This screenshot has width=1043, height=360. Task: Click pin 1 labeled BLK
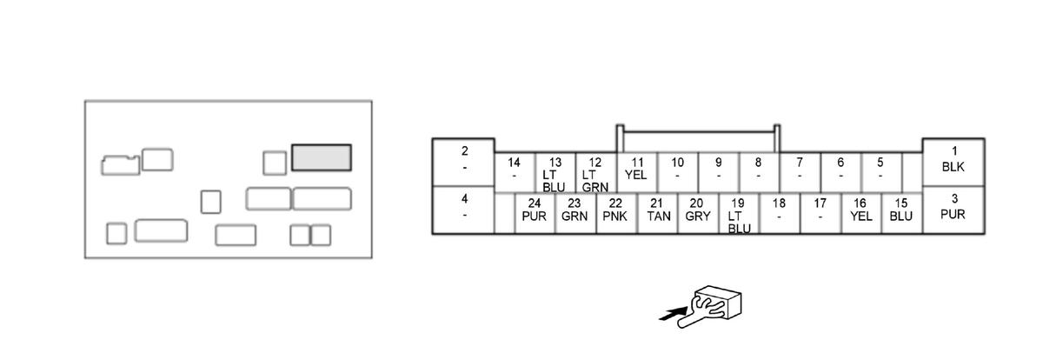pos(953,162)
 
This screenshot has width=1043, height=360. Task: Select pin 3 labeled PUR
pos(953,210)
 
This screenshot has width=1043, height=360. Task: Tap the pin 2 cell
pos(464,162)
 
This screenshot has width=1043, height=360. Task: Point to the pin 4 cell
pos(464,210)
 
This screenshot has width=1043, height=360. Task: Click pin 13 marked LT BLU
pos(555,172)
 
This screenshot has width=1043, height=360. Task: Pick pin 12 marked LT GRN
pos(595,172)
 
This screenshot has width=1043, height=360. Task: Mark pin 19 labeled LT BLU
pos(738,213)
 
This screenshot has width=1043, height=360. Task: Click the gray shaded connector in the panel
pos(322,157)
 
